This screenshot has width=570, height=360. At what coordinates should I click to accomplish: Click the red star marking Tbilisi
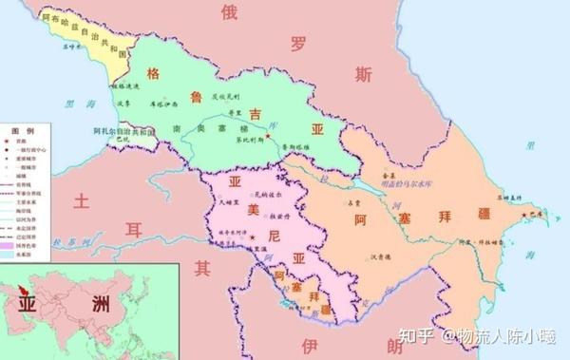click(269, 138)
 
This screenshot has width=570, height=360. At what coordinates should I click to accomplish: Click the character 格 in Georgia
click(153, 73)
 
